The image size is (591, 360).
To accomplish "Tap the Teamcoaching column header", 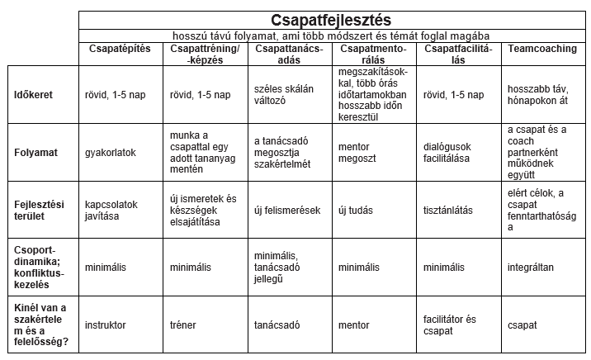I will point(542,49).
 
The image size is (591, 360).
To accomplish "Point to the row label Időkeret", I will point(35,95).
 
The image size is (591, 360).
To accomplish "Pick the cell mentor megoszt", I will point(357,153).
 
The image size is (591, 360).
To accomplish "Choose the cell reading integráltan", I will point(531,268).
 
